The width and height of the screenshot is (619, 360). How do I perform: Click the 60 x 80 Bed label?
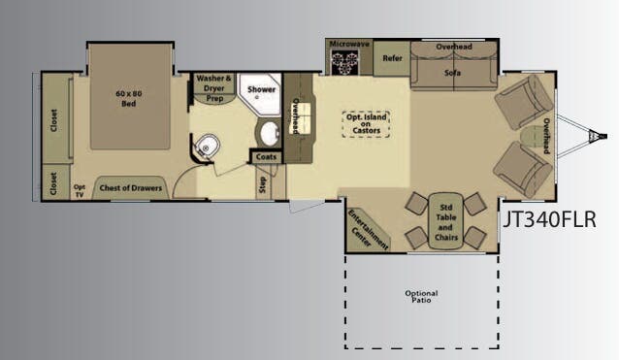128,98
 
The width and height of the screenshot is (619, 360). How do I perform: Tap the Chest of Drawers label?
129,186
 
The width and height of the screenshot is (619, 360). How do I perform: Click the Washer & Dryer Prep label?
214,87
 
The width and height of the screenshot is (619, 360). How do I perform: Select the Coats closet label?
266,156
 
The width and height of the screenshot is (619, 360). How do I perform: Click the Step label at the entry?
262,184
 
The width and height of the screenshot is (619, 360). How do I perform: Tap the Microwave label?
348,45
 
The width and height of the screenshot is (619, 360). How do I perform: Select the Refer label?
392,57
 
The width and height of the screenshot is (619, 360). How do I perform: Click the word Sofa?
452,72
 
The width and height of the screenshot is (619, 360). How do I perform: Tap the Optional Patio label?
421,295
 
